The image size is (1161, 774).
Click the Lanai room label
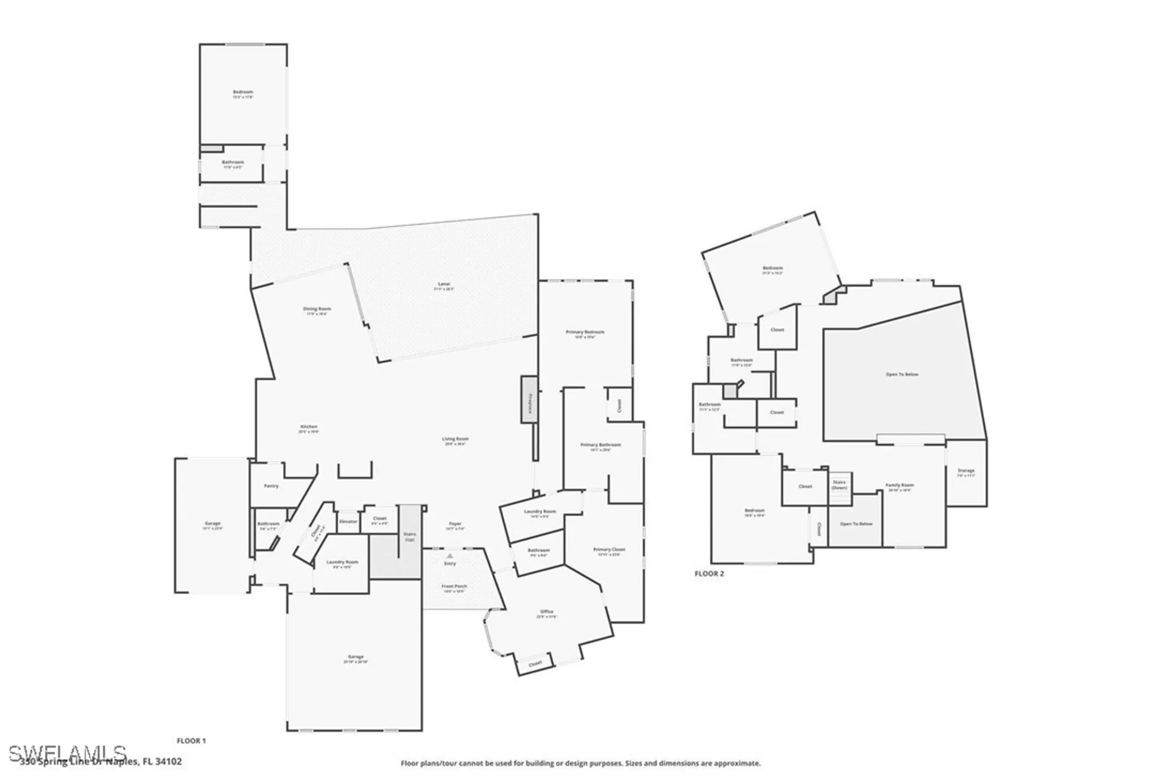444,285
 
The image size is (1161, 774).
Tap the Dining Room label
317,309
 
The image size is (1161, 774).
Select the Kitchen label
309,427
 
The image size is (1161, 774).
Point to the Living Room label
455,440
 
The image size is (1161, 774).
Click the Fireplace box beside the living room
529,399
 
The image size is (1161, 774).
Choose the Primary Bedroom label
585,333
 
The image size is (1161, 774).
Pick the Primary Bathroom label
601,445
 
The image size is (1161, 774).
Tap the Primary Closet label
609,550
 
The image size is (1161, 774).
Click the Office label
547,612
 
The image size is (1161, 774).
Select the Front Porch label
454,586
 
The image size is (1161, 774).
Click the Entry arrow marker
450,556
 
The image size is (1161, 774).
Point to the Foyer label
455,524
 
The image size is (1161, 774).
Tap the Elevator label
348,521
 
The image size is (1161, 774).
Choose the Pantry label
271,486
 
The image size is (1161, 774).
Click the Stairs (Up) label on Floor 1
410,537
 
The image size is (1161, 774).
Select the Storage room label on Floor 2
966,471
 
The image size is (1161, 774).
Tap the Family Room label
900,485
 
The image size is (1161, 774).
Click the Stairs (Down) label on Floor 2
839,485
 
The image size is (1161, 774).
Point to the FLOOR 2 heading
709,574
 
